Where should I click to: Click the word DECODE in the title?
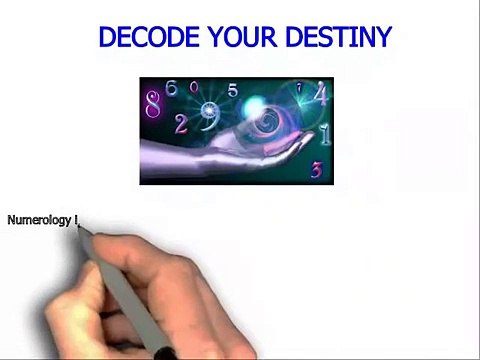[x=149, y=36]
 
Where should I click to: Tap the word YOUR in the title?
[x=243, y=36]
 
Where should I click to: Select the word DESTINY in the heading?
[x=339, y=36]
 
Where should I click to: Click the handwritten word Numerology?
[x=39, y=221]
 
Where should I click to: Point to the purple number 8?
[x=153, y=105]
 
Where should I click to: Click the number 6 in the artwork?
[x=172, y=88]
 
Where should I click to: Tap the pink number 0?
[x=194, y=87]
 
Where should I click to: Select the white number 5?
[x=233, y=90]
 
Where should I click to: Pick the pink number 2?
[x=181, y=125]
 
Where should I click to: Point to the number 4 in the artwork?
[x=321, y=93]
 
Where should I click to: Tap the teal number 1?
[x=325, y=134]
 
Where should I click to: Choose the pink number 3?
[x=317, y=169]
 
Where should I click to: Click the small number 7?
[x=299, y=88]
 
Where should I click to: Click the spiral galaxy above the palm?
[x=267, y=122]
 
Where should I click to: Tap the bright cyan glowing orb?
[x=254, y=106]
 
